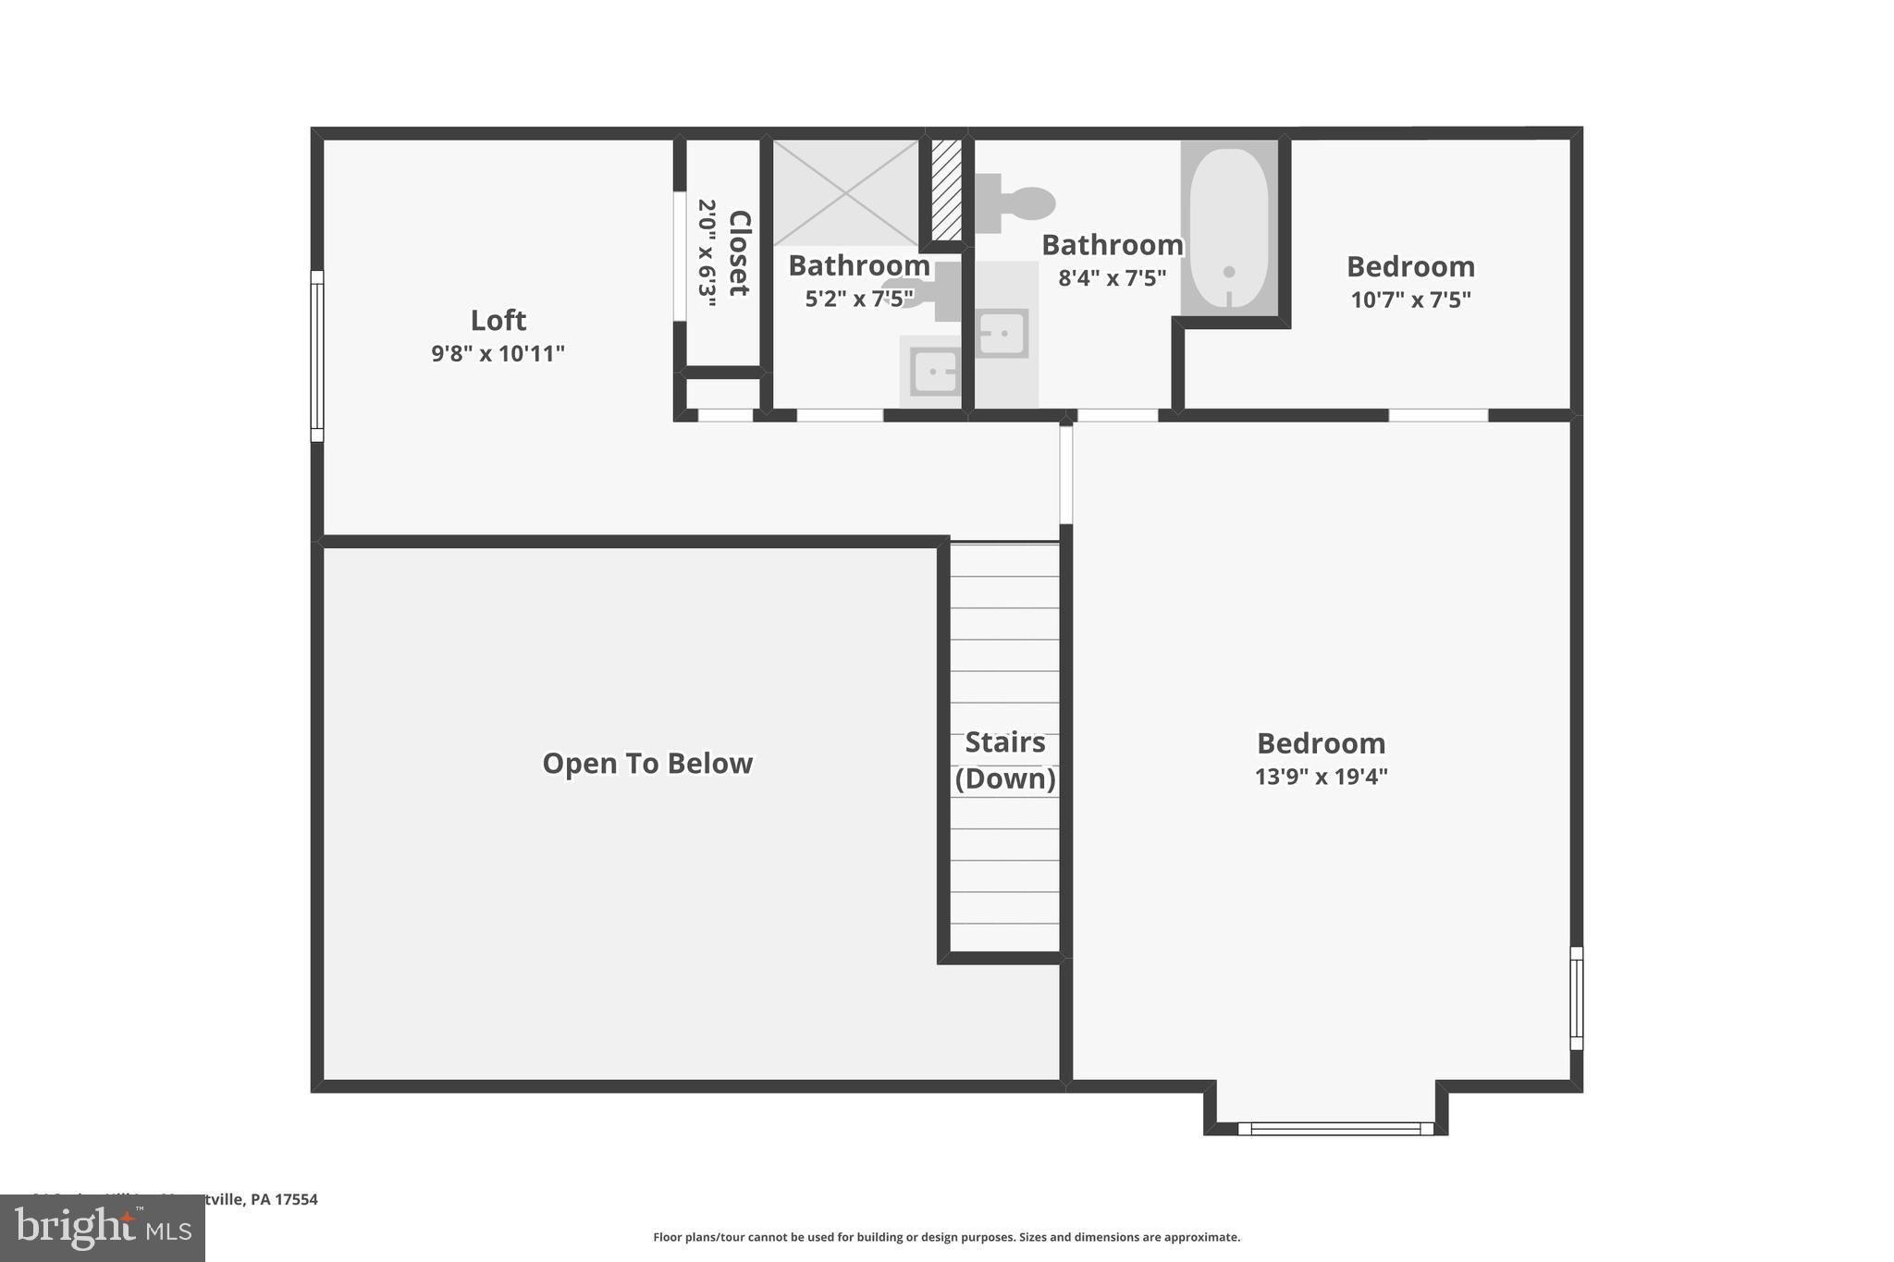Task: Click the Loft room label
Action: [498, 321]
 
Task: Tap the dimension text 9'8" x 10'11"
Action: [498, 354]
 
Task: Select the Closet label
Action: [739, 252]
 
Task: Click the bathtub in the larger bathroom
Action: [1229, 227]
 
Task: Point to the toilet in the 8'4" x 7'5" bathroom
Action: [1017, 203]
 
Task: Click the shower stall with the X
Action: [845, 192]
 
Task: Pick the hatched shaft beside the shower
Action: [946, 190]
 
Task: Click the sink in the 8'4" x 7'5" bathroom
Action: [1002, 333]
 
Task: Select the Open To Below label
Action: [647, 764]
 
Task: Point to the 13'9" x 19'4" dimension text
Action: [1321, 777]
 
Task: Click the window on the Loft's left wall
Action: [317, 356]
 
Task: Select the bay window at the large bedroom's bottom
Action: [1334, 1128]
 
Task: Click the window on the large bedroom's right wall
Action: [1577, 999]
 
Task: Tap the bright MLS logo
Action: [103, 1228]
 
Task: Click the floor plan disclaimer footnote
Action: [946, 1237]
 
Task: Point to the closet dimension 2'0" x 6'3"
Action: [707, 252]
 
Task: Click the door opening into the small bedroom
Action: [1438, 415]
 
